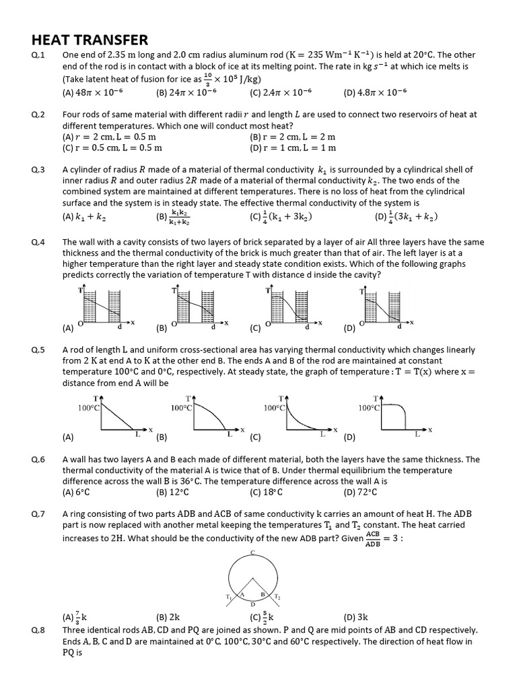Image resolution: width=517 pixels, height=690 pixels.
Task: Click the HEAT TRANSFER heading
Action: [90, 40]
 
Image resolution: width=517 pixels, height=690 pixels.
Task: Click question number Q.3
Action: [38, 170]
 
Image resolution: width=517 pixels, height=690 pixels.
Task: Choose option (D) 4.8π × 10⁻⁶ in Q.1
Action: [374, 92]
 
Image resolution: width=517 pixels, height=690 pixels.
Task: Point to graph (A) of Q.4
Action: [104, 307]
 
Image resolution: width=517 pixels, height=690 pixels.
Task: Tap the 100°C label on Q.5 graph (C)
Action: [275, 408]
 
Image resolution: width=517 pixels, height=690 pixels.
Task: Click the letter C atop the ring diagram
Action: [252, 552]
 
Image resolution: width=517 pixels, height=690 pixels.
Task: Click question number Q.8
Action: [38, 630]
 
